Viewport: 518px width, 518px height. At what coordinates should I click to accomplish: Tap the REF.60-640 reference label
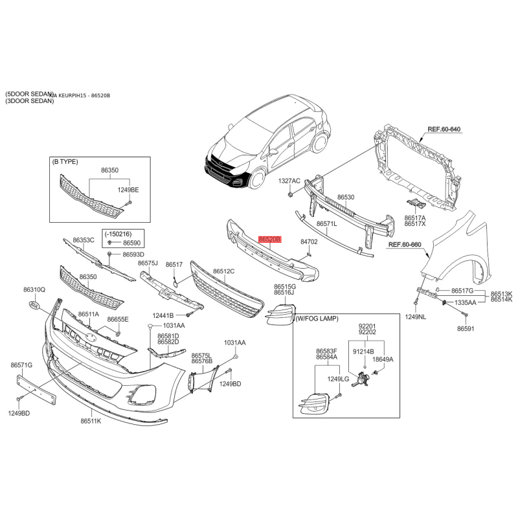point(444,129)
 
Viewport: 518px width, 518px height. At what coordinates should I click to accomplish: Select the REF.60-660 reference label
point(405,245)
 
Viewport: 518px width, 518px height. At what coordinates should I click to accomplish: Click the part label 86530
point(346,196)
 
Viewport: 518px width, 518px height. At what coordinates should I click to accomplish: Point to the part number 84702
point(309,242)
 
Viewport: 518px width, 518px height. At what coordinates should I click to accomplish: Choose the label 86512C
point(224,271)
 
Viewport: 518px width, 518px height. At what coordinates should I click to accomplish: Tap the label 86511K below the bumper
point(91,421)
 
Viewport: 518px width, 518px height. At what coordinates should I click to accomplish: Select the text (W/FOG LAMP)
point(317,319)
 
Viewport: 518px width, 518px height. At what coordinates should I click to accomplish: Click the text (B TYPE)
point(65,162)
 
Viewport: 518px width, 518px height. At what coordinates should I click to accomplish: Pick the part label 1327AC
point(289,181)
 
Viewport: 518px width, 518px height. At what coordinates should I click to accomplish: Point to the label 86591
point(466,329)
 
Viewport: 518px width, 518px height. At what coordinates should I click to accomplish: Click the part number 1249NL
point(416,317)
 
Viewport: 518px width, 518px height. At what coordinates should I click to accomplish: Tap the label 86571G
point(21,365)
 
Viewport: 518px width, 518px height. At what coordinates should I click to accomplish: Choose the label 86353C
point(84,240)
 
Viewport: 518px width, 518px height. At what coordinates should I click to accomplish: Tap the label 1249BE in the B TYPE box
point(128,190)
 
